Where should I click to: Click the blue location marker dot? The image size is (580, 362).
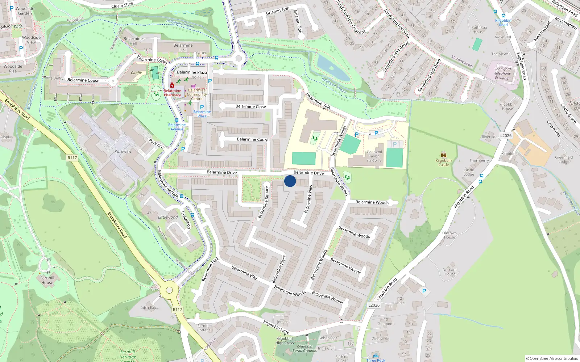point(290,181)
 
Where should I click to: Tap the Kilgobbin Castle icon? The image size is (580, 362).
point(443,155)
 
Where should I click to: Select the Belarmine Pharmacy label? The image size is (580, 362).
point(172,93)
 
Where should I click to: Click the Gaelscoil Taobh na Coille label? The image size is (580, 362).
point(374,156)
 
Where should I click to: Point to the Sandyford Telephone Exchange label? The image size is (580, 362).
point(502,73)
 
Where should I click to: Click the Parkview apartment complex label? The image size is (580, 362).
point(123,151)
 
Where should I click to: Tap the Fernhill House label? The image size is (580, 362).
point(47,280)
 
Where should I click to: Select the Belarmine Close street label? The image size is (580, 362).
point(250,106)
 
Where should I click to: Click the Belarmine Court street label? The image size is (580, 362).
point(252,139)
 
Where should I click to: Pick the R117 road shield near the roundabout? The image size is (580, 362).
point(177,310)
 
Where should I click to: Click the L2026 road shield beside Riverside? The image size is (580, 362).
point(506,136)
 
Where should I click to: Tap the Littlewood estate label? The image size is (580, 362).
point(168,217)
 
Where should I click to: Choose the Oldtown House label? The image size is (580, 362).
point(449,235)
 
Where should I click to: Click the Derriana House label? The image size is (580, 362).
point(450,272)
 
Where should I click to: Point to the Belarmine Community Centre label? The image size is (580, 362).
point(197,94)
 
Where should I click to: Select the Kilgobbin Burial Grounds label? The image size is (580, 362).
point(304,348)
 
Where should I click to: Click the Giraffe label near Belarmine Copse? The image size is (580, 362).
point(136,73)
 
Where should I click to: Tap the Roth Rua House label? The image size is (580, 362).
point(479,30)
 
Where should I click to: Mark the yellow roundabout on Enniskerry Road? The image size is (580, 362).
point(169,290)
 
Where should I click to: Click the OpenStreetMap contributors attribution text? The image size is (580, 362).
point(552,358)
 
